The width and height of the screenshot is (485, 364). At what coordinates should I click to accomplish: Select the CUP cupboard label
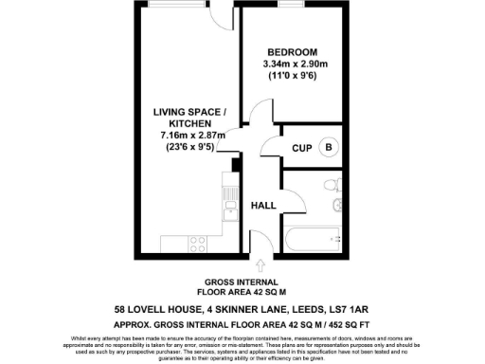pos(302,148)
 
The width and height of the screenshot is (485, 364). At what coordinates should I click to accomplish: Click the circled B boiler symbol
pos(329,147)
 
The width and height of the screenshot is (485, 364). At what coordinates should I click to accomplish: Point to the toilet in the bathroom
pos(329,185)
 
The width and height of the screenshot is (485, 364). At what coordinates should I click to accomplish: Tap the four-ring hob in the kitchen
pos(198,244)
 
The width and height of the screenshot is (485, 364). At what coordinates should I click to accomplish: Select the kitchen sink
pos(227,200)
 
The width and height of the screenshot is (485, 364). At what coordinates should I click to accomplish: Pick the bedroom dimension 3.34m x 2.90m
pos(290,64)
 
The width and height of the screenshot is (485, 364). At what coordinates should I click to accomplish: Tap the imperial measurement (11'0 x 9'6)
pos(290,76)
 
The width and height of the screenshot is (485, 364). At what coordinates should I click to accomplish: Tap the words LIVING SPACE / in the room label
pos(189,112)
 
